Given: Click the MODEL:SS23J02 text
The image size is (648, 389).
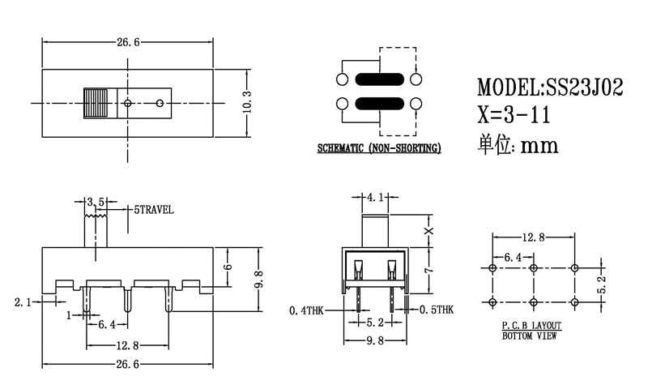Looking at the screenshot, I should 549,88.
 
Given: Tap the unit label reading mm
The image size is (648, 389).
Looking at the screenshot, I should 538,145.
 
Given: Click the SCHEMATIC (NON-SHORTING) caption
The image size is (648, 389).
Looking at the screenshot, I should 378,148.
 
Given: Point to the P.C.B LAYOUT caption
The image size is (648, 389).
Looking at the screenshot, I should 531,325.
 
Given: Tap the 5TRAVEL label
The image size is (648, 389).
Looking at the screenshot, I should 154,209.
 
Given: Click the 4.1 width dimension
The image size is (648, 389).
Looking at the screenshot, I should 375,197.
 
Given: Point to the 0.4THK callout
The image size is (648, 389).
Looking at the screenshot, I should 307,310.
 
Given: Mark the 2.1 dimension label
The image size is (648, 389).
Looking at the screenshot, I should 23,302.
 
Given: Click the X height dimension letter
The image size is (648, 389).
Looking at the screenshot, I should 429,231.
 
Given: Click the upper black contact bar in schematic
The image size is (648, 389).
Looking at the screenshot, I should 378,79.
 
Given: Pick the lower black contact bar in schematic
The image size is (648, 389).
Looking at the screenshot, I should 378,103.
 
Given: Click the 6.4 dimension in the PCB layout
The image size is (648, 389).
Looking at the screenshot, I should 513,256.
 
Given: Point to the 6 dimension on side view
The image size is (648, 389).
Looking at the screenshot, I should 228,267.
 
